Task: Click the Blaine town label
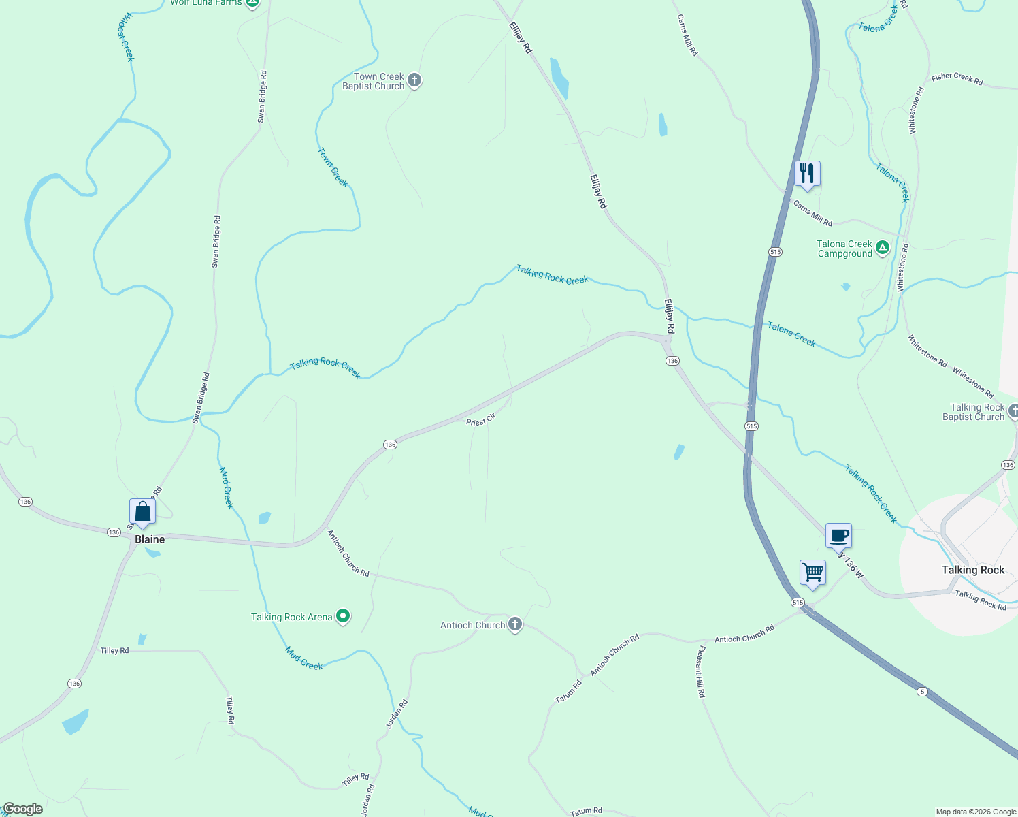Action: [150, 539]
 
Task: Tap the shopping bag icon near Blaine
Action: [142, 511]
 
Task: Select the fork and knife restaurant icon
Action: [807, 173]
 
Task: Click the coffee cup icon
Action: [838, 535]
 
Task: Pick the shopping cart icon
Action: [812, 573]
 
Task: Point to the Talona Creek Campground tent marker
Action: [883, 248]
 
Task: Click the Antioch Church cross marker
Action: [515, 625]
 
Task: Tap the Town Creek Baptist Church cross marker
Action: [414, 81]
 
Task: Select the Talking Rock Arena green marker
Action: [344, 617]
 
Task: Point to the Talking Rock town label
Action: [973, 570]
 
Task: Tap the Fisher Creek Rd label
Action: [957, 79]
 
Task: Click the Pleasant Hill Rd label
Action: [700, 672]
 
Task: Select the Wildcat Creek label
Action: [126, 37]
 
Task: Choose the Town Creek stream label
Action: [333, 167]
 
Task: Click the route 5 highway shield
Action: [922, 692]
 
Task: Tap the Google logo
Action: [22, 809]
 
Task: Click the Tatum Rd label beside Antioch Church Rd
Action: [568, 692]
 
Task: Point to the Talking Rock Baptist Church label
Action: [973, 412]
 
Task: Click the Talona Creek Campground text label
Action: [844, 249]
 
